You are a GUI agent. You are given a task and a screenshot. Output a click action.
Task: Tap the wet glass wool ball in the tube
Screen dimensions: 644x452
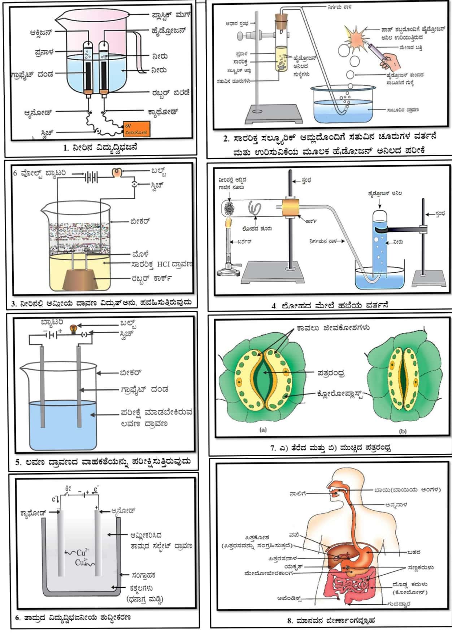tap(230, 209)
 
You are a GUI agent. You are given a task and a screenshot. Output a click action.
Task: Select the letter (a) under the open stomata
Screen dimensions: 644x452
tap(263, 430)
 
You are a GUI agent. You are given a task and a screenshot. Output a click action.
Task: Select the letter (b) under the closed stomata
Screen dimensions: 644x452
tap(403, 431)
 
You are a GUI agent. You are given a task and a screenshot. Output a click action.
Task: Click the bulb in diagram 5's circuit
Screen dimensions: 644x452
tap(73, 328)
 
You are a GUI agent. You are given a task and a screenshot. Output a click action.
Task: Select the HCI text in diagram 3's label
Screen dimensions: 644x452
tap(164, 264)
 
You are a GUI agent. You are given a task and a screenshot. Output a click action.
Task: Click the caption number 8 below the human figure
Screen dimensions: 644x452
tap(290, 621)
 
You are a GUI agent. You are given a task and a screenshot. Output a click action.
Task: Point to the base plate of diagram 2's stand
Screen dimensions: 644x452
tap(273, 113)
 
